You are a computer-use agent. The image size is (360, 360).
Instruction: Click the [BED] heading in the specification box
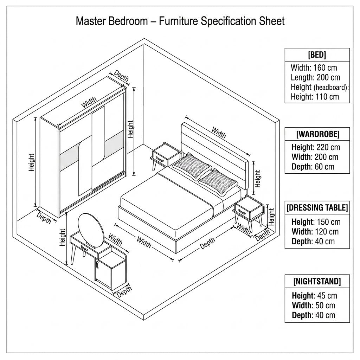tap(317, 54)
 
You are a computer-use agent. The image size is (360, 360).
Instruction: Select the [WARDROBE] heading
tap(317, 134)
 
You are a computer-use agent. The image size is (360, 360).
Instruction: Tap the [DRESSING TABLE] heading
tap(317, 207)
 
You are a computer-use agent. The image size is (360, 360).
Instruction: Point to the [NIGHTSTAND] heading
tap(317, 281)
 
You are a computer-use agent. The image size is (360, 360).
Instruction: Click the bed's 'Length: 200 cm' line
tap(315, 77)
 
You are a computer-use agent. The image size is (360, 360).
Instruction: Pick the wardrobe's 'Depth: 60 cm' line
tap(313, 167)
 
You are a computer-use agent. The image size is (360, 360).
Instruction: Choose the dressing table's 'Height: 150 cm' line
tap(316, 222)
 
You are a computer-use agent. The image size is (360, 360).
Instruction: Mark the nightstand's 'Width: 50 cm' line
tap(314, 306)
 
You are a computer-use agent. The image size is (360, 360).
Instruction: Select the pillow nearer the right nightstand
tap(218, 182)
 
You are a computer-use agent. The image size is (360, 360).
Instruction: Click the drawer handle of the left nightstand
tap(159, 159)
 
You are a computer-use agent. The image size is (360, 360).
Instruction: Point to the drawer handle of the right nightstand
tap(242, 212)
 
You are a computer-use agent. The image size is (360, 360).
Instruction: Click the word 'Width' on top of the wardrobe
tap(89, 102)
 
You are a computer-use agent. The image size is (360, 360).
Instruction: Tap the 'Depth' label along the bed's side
tap(207, 243)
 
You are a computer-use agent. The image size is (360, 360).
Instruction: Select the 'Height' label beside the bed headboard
tap(258, 179)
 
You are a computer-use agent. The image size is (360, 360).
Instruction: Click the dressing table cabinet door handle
tap(97, 264)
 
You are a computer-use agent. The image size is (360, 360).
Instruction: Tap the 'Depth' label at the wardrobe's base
tap(44, 218)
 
